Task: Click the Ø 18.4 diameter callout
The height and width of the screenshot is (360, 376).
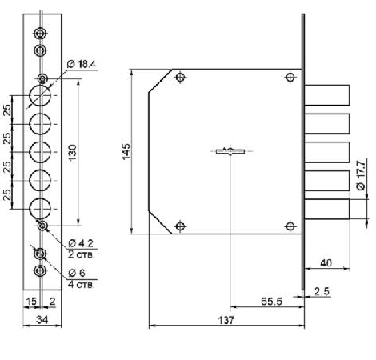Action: point(82,64)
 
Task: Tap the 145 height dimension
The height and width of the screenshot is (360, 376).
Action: point(126,151)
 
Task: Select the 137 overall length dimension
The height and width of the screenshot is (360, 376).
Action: point(226,320)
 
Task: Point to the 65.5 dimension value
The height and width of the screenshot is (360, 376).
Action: point(271,302)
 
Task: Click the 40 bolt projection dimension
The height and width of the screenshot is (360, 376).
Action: point(326,263)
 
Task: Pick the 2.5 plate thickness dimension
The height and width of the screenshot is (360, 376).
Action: point(322,291)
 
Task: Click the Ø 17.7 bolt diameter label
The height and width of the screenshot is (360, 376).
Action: point(361,175)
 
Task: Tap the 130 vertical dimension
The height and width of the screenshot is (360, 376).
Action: point(72,152)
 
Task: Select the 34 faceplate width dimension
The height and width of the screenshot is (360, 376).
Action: point(42,319)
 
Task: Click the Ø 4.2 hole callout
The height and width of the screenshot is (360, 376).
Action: point(81,243)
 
